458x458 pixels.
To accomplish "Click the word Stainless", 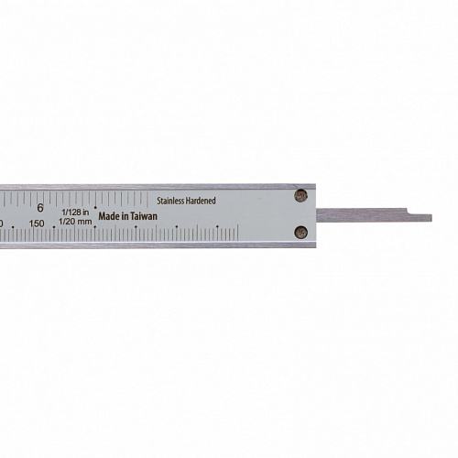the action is click(x=170, y=201).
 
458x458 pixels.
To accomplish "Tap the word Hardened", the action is click(x=201, y=201).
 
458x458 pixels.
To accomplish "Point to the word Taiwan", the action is click(x=144, y=216).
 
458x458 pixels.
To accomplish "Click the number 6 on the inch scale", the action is click(x=40, y=208).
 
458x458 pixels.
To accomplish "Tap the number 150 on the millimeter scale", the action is click(x=37, y=224).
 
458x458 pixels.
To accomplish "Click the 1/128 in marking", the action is click(x=75, y=212).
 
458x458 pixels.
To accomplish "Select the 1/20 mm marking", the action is click(x=75, y=222).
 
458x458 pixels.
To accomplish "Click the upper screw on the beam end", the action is click(x=300, y=195).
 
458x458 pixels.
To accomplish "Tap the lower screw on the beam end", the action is click(x=300, y=233).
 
